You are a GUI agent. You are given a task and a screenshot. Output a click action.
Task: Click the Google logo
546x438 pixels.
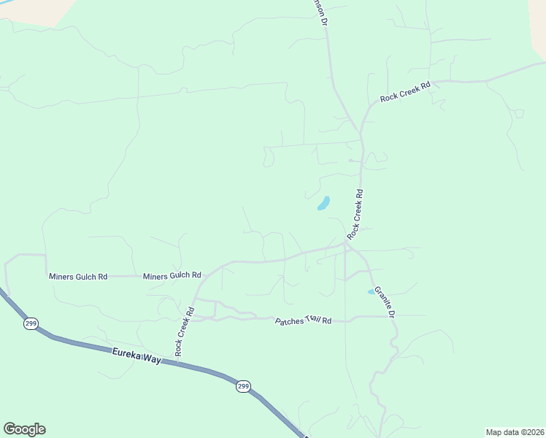[24, 429]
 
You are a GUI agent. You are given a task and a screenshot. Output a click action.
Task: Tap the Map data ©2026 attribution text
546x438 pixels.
[515, 432]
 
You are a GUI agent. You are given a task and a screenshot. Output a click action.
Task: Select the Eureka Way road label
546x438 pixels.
[136, 356]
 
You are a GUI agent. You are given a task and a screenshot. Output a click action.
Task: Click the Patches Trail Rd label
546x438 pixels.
[303, 320]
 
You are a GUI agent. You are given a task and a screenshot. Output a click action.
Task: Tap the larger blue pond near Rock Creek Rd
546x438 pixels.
[323, 203]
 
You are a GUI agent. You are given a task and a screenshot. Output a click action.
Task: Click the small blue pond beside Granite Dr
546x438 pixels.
[371, 292]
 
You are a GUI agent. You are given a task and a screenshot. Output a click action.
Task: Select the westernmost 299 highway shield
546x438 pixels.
[30, 323]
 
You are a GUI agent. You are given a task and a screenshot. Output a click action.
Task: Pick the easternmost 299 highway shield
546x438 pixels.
[243, 386]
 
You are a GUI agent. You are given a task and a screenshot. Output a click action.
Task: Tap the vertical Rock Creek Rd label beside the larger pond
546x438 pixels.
[355, 215]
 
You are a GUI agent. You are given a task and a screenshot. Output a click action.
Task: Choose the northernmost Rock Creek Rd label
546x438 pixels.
[405, 91]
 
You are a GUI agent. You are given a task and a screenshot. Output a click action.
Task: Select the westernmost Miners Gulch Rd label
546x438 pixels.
[78, 277]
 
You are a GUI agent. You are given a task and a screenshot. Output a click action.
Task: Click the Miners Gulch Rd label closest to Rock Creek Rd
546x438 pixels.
[172, 276]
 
